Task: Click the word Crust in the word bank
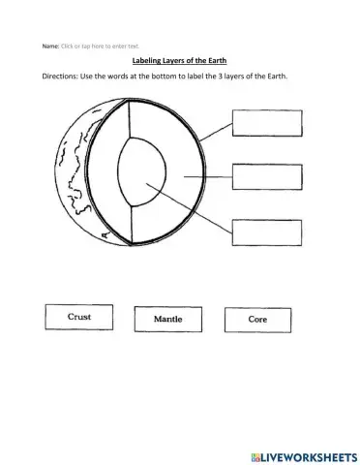coord(79,316)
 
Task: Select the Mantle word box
coord(175,318)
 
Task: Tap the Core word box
coord(257,318)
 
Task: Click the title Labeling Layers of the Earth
coord(179,60)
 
